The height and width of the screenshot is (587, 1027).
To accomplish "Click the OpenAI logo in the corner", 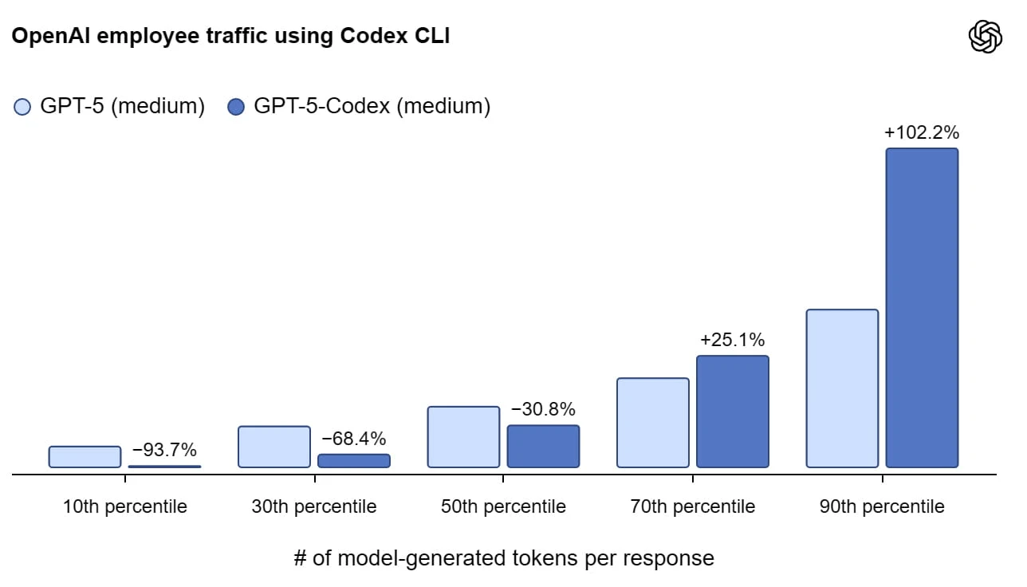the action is point(986,37).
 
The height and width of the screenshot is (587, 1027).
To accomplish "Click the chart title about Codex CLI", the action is point(230,36).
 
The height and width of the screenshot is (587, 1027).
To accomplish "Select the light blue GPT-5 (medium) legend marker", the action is point(22,107).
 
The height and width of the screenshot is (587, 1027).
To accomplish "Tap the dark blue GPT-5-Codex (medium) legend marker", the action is point(236,107).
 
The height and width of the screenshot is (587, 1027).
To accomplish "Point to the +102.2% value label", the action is point(922,132).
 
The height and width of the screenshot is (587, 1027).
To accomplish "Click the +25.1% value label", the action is point(732,340).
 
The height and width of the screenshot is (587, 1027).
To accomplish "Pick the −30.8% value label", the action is point(543,409).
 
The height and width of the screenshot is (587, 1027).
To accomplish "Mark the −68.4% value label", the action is point(353,439).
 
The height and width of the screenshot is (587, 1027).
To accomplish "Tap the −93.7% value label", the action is point(164,450).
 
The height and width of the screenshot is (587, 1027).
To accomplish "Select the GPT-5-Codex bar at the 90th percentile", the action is point(922,308).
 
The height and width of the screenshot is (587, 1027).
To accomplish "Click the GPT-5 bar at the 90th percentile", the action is point(842,388).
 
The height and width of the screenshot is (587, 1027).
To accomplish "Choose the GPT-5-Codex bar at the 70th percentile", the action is point(733,412).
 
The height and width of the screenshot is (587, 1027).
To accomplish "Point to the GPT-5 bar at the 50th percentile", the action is point(463,437).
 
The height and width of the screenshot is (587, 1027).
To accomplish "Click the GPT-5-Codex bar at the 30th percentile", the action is point(354,461).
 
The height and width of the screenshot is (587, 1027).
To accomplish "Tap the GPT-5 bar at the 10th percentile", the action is point(85,457).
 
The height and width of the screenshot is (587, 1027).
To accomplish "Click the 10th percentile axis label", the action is point(124,506).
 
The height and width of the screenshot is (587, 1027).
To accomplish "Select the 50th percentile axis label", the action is point(503,506).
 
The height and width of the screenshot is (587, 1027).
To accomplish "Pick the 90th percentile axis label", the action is point(882,506).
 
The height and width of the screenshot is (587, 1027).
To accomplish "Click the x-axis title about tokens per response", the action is point(504,558).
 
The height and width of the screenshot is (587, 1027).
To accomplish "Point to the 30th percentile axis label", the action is point(314,506).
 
